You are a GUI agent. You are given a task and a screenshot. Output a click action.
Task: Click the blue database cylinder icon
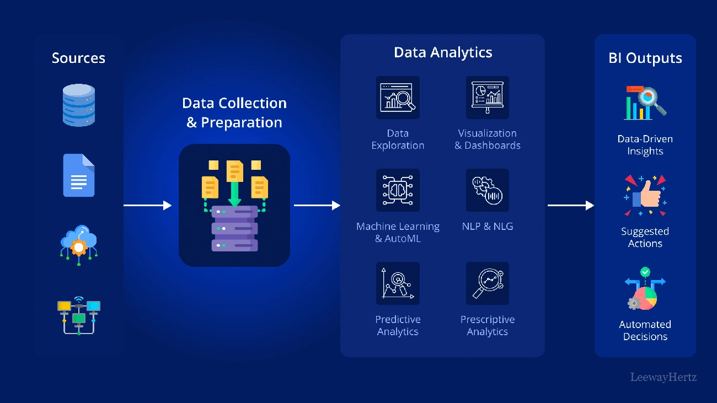click(x=78, y=105)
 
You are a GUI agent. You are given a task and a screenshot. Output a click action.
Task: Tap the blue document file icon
click(x=79, y=175)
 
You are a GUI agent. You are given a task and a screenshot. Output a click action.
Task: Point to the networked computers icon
click(x=79, y=316)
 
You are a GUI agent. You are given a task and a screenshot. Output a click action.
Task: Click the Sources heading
click(x=78, y=58)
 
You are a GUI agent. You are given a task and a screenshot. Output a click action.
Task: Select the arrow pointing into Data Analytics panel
click(x=317, y=206)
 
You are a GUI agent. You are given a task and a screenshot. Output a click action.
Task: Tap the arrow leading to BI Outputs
click(x=570, y=206)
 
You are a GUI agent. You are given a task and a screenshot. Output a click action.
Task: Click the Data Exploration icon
click(x=398, y=98)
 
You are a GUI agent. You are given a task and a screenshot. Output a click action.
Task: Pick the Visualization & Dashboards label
click(x=487, y=139)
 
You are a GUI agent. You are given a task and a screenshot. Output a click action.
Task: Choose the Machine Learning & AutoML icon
click(x=398, y=190)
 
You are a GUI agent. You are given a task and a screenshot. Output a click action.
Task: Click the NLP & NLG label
click(x=487, y=227)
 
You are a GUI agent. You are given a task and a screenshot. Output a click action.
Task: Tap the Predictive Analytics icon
click(x=398, y=283)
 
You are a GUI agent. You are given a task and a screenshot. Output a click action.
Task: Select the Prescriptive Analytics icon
click(x=487, y=283)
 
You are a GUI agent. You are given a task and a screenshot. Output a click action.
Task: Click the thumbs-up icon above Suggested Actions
click(x=645, y=196)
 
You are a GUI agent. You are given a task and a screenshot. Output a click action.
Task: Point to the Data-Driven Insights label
click(x=645, y=145)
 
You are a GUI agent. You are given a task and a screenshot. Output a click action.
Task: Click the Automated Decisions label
click(x=645, y=331)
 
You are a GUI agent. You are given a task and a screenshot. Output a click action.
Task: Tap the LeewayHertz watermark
click(x=664, y=378)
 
